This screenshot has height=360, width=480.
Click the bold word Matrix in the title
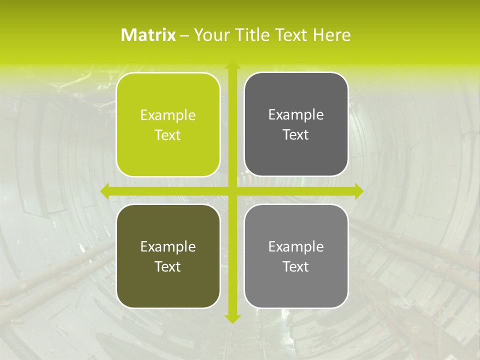click(148, 35)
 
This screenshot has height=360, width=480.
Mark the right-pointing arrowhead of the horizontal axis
click(359, 191)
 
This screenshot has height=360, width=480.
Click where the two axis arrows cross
click(232, 191)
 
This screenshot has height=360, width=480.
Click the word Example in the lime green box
click(168, 115)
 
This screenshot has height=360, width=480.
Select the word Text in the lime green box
click(168, 135)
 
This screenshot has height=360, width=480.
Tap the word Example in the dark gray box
click(296, 115)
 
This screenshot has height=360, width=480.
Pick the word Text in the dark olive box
click(168, 266)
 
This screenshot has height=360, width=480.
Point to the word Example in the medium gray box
click(296, 246)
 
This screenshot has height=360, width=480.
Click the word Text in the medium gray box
click(296, 266)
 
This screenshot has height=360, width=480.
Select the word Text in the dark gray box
click(296, 135)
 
